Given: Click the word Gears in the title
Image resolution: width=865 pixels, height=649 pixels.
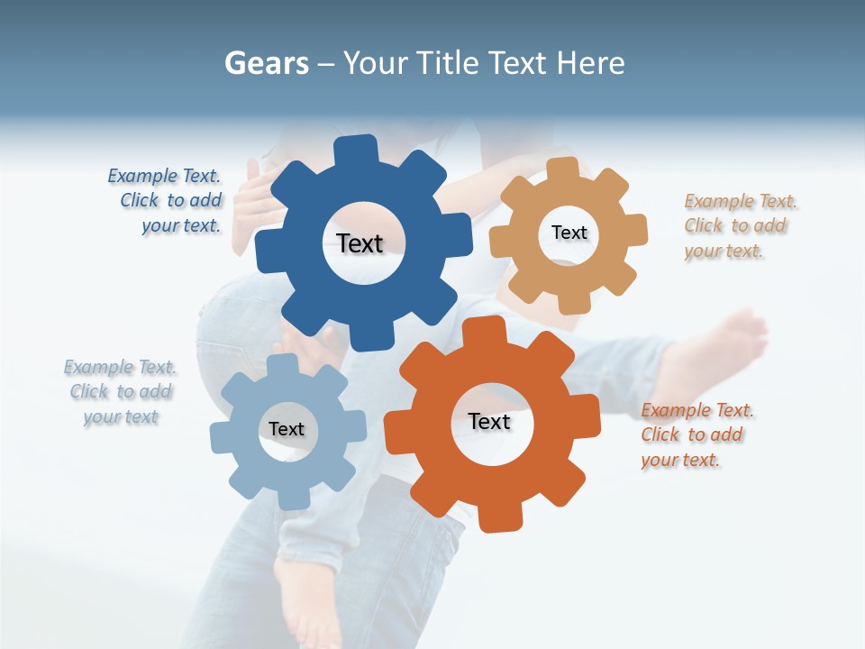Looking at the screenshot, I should tap(266, 63).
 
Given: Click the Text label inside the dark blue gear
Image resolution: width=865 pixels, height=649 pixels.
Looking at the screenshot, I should tap(360, 243).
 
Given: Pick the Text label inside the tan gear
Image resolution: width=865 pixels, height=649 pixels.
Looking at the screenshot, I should tap(569, 233).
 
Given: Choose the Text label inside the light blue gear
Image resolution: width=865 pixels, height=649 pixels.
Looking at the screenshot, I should tap(287, 429).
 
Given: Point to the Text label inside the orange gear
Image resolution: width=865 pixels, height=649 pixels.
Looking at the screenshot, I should tap(489, 422).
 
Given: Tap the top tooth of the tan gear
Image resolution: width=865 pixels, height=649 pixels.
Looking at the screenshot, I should tap(563, 169).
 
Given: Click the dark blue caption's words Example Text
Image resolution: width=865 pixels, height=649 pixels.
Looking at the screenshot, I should tap(164, 176).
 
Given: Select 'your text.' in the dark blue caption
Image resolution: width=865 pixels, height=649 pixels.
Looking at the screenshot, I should tap(181, 226).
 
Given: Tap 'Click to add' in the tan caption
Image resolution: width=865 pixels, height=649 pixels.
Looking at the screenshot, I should tap(734, 226).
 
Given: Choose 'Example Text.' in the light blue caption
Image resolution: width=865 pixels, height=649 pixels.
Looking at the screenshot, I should tap(120, 367).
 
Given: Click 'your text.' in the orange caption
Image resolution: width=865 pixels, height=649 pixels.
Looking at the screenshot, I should tap(680, 461).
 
